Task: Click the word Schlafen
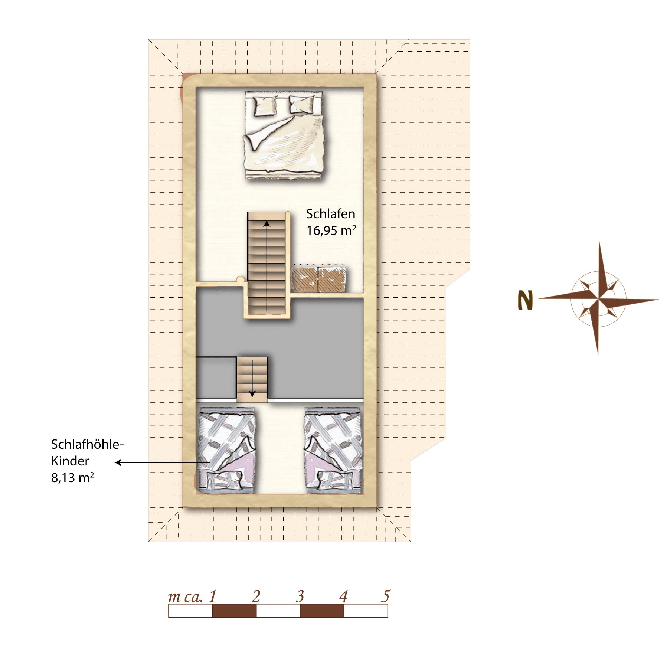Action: pyautogui.click(x=330, y=214)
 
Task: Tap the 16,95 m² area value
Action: pyautogui.click(x=331, y=230)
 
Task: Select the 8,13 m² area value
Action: pyautogui.click(x=72, y=478)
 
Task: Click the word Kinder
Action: pyautogui.click(x=70, y=461)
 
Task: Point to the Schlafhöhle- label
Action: pyautogui.click(x=87, y=444)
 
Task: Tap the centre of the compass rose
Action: pyautogui.click(x=598, y=299)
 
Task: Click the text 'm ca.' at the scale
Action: pyautogui.click(x=185, y=596)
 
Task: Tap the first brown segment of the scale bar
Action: pyautogui.click(x=234, y=611)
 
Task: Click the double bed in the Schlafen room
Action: pyautogui.click(x=284, y=135)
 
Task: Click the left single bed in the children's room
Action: pyautogui.click(x=226, y=451)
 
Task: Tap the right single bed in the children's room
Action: pyautogui.click(x=333, y=451)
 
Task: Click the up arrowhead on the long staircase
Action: pyautogui.click(x=267, y=223)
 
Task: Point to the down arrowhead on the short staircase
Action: pyautogui.click(x=252, y=394)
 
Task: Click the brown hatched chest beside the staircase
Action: pyautogui.click(x=318, y=279)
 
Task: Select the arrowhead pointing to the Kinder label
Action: pyautogui.click(x=118, y=462)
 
